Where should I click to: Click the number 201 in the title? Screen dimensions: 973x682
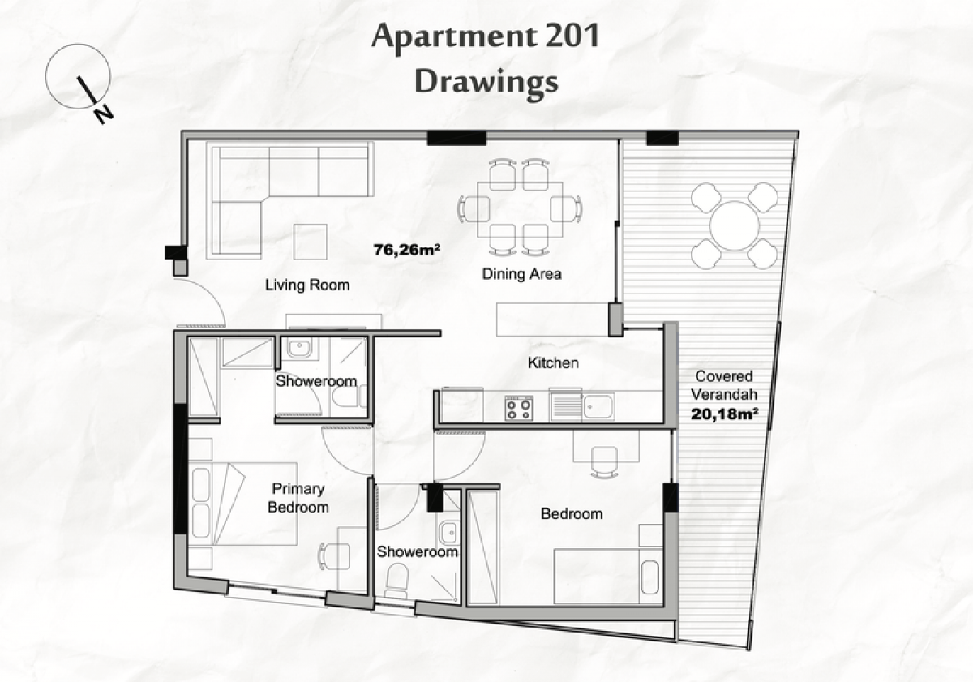(x=572, y=36)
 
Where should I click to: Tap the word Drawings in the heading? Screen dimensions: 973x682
(x=486, y=81)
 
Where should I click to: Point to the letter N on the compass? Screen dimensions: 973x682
(x=105, y=114)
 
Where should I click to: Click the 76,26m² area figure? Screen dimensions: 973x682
(x=406, y=250)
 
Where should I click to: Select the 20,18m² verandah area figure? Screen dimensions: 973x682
(x=724, y=414)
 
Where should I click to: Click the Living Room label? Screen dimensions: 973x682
(x=307, y=285)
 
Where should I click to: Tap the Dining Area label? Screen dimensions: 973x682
(x=521, y=274)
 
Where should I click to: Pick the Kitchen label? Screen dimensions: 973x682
(x=553, y=362)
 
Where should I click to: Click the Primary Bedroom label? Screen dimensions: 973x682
(x=298, y=498)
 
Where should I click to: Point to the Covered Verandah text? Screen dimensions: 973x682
(x=724, y=385)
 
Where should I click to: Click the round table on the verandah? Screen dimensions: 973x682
(x=735, y=225)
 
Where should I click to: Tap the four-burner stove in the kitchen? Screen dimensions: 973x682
(x=519, y=408)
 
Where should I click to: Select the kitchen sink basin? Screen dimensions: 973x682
(x=598, y=406)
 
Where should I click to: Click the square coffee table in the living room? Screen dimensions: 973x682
(x=310, y=242)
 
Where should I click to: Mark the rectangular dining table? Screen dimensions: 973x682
(x=520, y=210)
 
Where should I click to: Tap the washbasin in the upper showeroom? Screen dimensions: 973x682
(x=298, y=348)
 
